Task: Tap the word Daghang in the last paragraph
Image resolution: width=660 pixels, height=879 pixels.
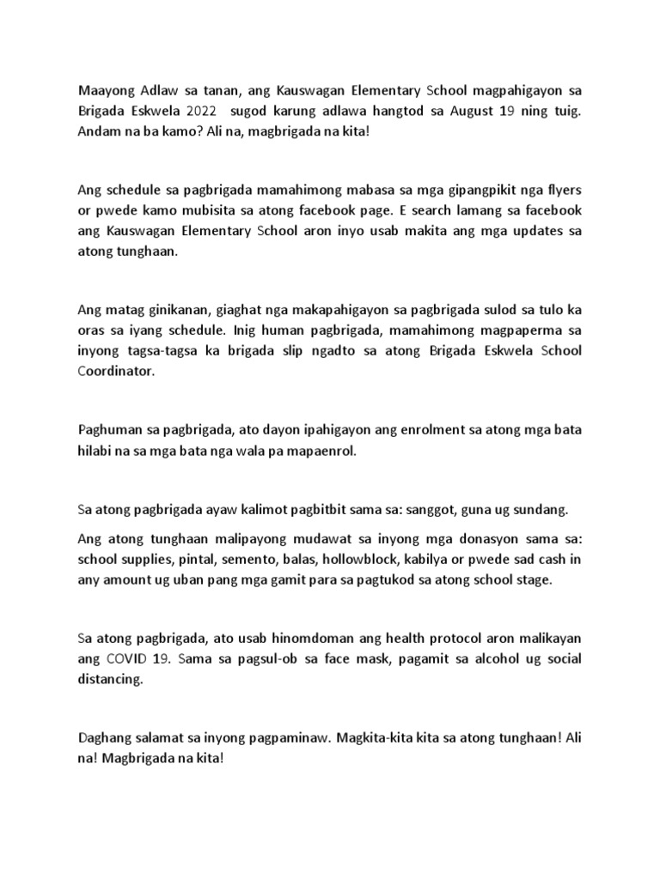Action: [x=107, y=738]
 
